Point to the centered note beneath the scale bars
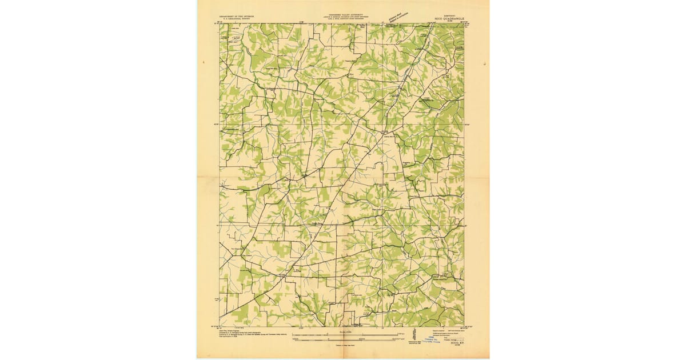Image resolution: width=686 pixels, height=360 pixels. [343, 346]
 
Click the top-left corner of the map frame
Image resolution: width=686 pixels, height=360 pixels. [220, 23]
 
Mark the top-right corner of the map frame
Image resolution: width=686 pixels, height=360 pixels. [464, 23]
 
